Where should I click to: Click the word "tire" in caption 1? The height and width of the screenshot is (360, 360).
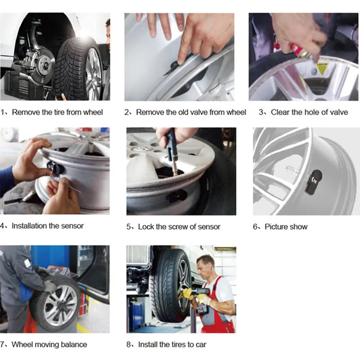tap(59, 112)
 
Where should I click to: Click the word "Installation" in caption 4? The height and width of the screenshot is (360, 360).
tap(31, 226)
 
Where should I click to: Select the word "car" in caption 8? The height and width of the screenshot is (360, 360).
tap(201, 345)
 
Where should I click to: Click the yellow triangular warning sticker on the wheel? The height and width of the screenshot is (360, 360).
tap(323, 67)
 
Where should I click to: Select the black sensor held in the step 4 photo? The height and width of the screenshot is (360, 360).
tap(55, 167)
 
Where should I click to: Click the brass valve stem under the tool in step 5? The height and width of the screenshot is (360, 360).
tap(175, 167)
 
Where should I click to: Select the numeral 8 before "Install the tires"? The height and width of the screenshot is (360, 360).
tap(128, 345)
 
